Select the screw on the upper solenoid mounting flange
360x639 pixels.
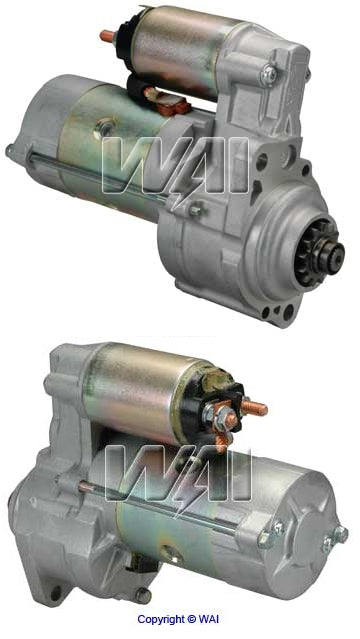(x=267, y=74)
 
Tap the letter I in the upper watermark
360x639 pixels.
(x=237, y=166)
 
